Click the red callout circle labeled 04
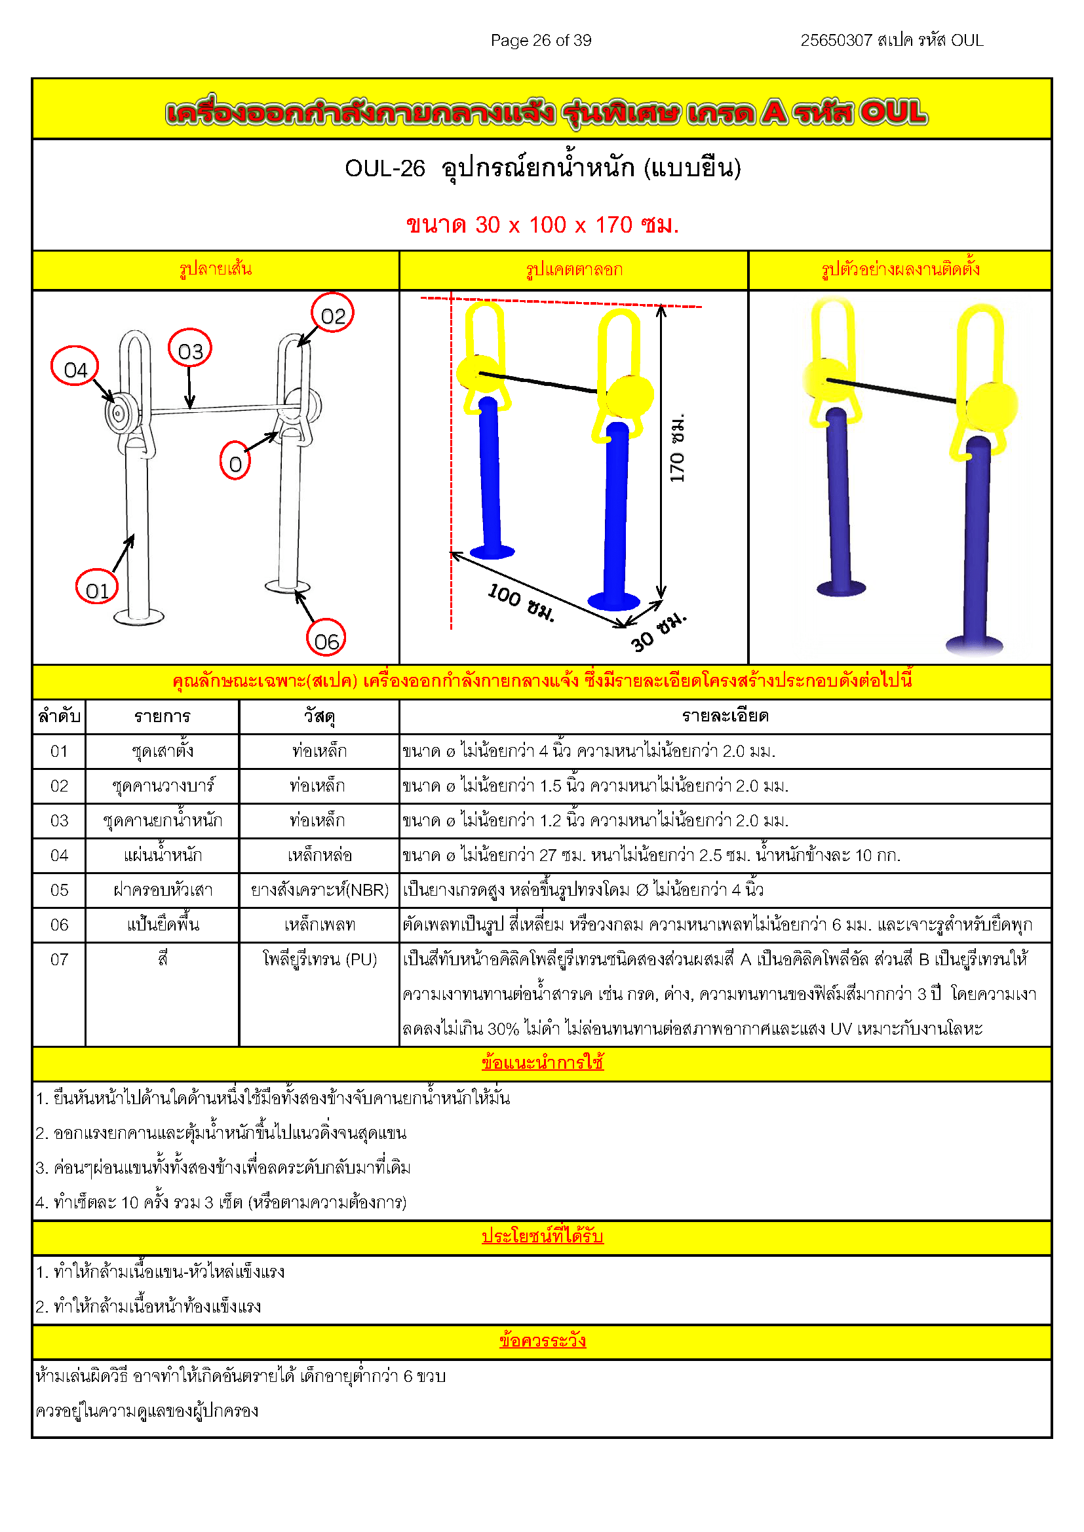point(75,366)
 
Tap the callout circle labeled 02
point(332,313)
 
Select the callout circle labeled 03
point(189,349)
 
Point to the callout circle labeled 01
point(97,587)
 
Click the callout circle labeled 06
point(326,639)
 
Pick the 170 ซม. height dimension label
point(677,448)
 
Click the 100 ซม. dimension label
point(520,601)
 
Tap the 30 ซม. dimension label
point(658,630)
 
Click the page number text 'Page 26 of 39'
point(541,41)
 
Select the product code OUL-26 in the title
point(385,168)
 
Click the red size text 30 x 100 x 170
point(542,225)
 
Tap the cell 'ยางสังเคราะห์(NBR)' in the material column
point(319,890)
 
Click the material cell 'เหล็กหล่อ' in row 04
point(319,855)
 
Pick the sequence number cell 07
point(59,959)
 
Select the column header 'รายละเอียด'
point(725,716)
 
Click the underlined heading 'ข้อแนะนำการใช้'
point(542,1062)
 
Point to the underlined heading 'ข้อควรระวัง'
point(542,1341)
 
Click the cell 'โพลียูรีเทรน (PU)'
point(319,959)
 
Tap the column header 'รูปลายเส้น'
point(215,269)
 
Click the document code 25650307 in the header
point(836,41)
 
